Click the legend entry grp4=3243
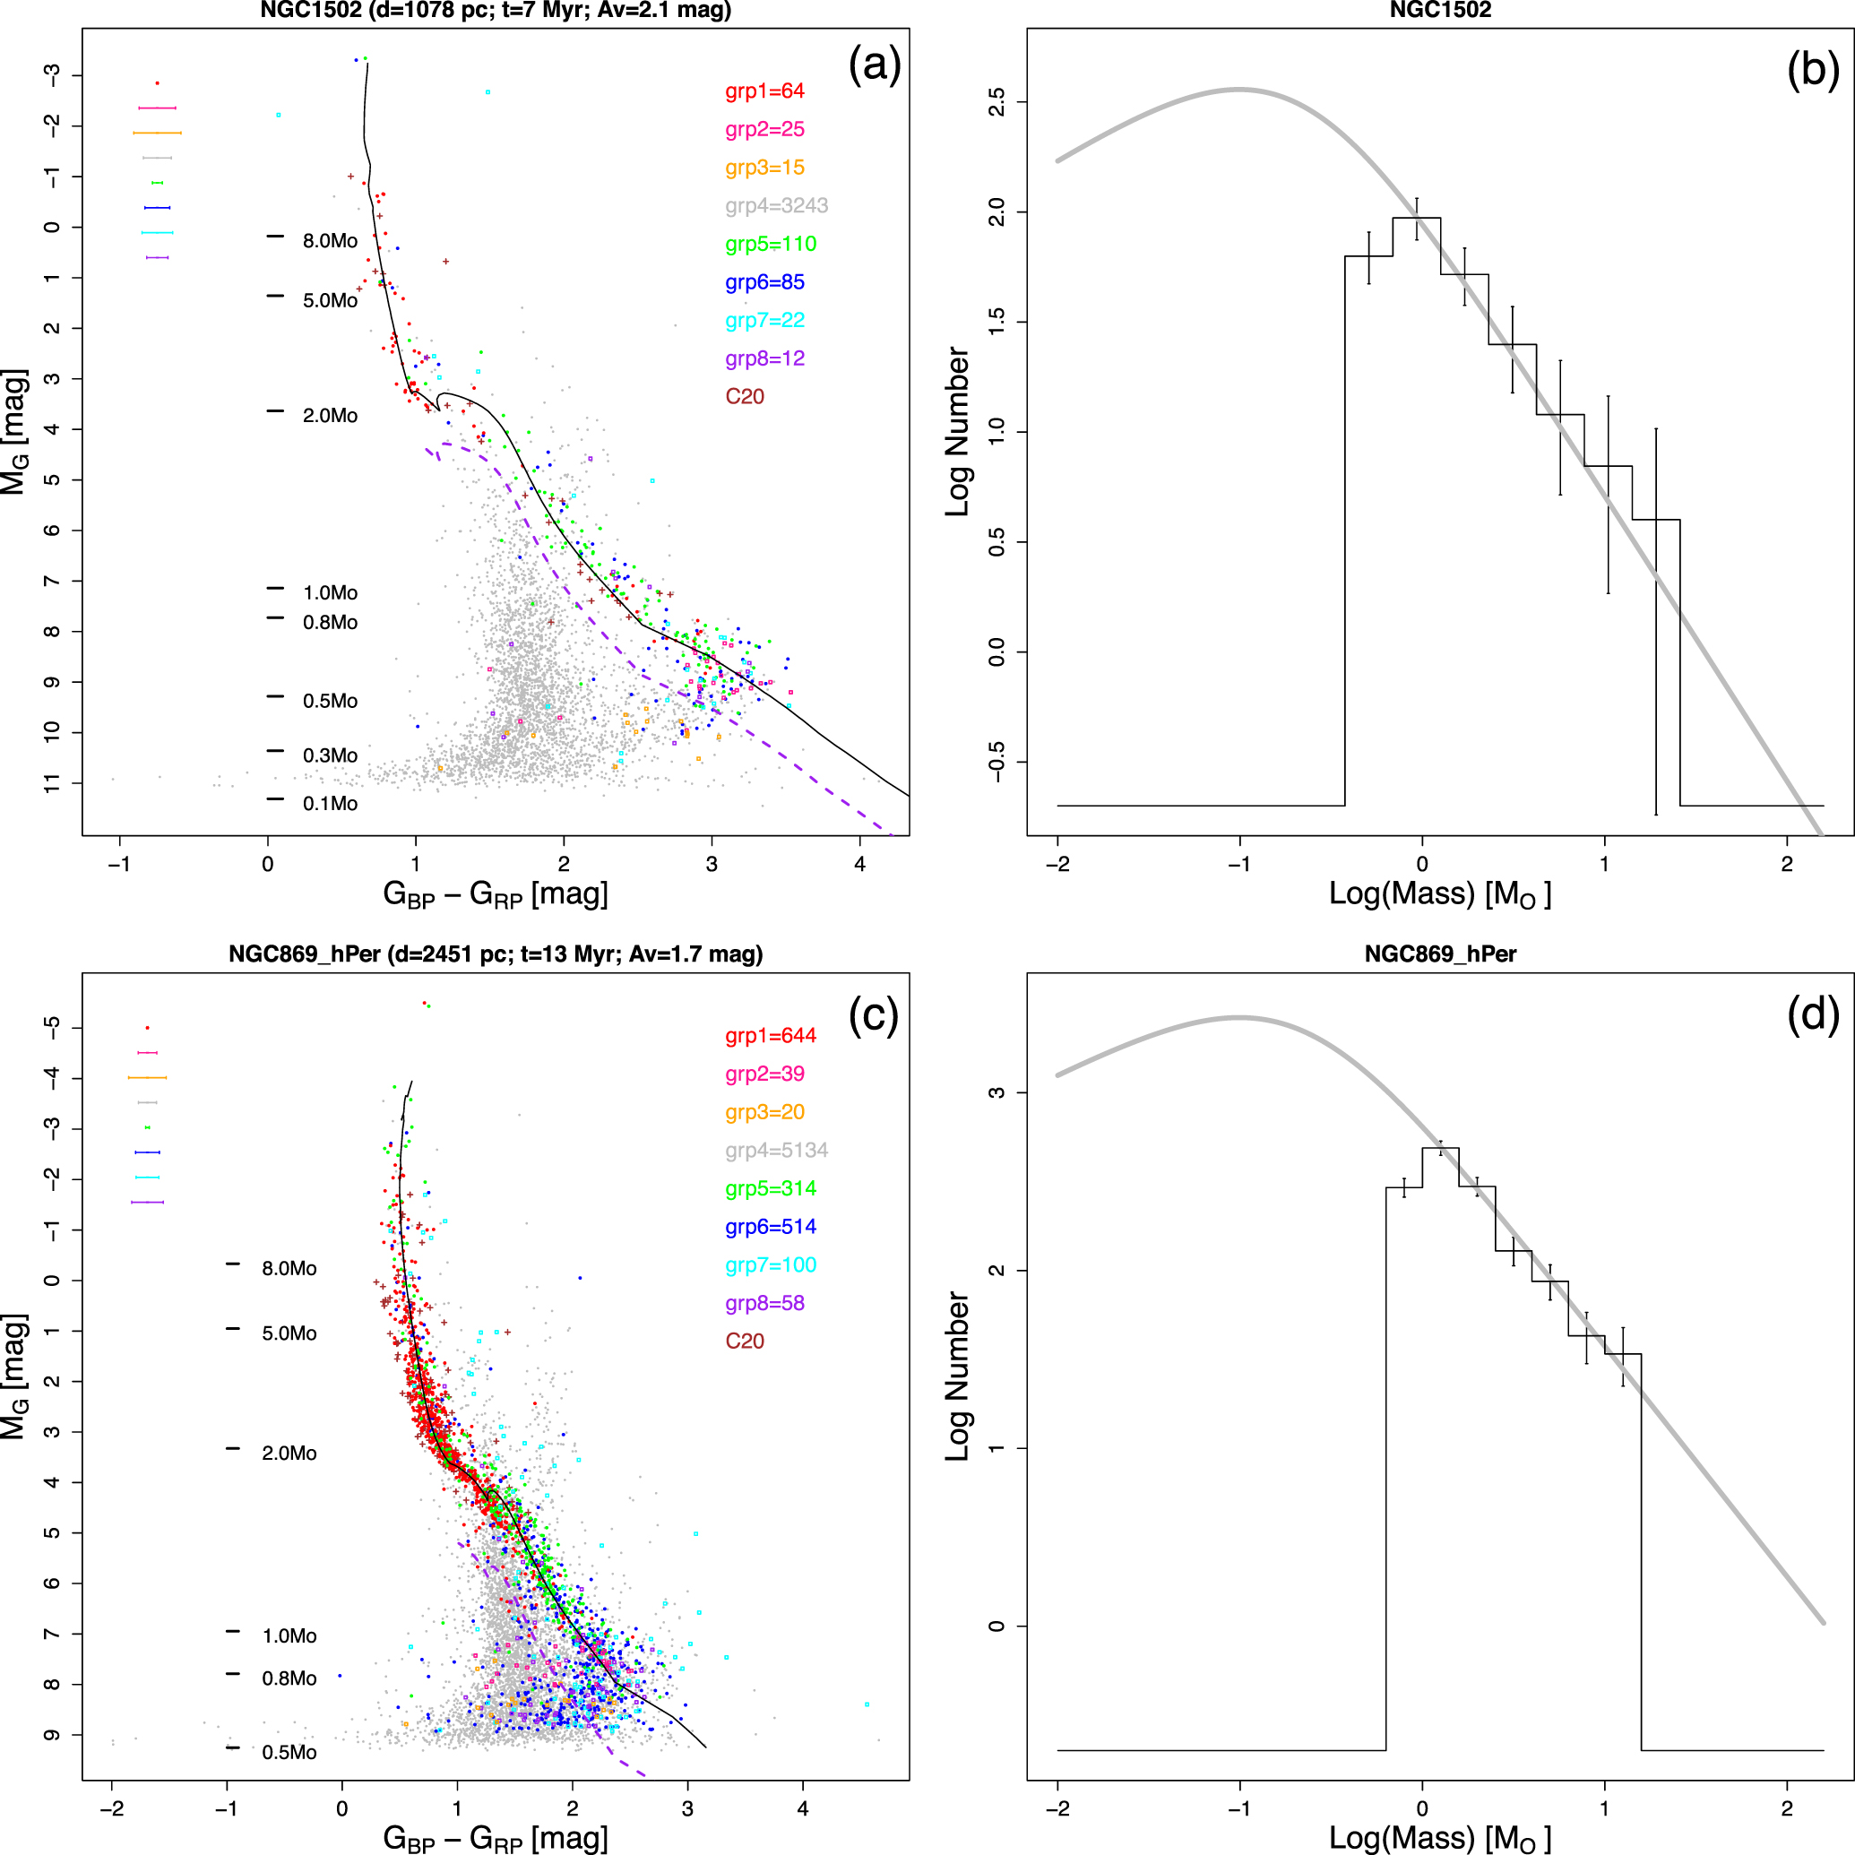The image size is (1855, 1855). [x=776, y=205]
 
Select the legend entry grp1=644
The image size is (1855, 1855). [x=770, y=1035]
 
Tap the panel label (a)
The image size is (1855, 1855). [x=874, y=65]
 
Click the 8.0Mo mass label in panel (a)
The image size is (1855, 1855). [x=330, y=241]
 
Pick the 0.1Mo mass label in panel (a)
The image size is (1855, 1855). [x=330, y=804]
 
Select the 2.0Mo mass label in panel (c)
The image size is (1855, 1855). [x=289, y=1453]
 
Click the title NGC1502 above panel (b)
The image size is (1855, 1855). [x=1440, y=11]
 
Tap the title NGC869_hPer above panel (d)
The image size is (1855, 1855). [x=1440, y=954]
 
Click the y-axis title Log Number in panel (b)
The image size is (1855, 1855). [x=957, y=432]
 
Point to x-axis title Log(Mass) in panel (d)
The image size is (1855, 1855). [x=1439, y=1838]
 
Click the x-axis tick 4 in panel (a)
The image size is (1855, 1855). [x=859, y=864]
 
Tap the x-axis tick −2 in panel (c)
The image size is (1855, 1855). [x=111, y=1809]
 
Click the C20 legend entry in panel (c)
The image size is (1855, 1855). [x=744, y=1341]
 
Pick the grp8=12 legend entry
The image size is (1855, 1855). [x=764, y=358]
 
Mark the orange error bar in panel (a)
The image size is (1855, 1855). [x=158, y=133]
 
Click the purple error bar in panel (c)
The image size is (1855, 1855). [x=147, y=1202]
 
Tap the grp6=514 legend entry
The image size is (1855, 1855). [x=770, y=1226]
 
